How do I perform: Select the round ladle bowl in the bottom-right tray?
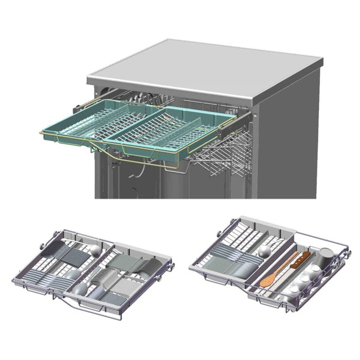click(x=264, y=252)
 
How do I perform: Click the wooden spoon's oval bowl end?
click(x=267, y=280)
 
